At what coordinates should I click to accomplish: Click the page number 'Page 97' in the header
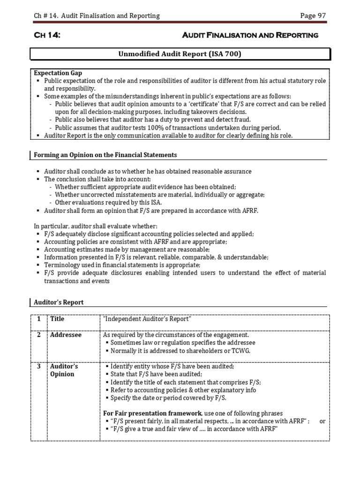[313, 16]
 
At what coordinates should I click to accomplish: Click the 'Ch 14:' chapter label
[47, 35]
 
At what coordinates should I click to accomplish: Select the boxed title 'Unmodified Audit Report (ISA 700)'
[180, 54]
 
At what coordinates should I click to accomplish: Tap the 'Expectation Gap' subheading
[58, 73]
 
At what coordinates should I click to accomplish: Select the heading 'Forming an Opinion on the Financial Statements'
[105, 155]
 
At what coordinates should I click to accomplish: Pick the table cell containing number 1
[39, 319]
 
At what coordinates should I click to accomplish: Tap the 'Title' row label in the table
[57, 319]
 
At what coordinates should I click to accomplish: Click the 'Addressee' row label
[66, 335]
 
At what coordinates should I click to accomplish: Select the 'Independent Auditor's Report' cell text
[147, 319]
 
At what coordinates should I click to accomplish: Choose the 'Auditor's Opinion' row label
[64, 370]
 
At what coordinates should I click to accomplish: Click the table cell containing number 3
[39, 367]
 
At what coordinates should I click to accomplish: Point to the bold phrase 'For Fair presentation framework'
[152, 413]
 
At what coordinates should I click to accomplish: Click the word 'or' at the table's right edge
[322, 421]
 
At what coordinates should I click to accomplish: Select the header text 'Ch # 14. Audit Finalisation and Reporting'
[97, 16]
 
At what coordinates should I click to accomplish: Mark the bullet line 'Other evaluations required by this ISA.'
[108, 202]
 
